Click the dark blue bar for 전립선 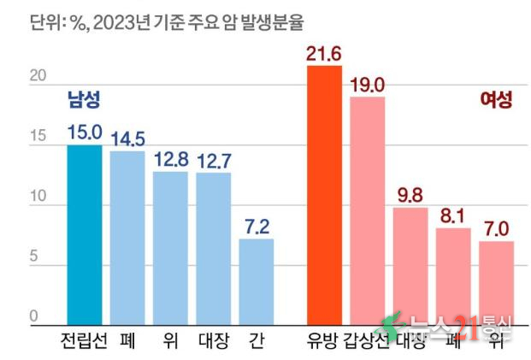84,235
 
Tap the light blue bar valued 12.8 170,248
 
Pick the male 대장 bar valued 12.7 213,249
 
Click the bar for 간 256,282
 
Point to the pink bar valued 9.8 410,266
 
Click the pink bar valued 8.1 453,276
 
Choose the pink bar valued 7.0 496,283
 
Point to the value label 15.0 84,132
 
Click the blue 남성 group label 84,100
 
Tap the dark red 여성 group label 496,100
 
